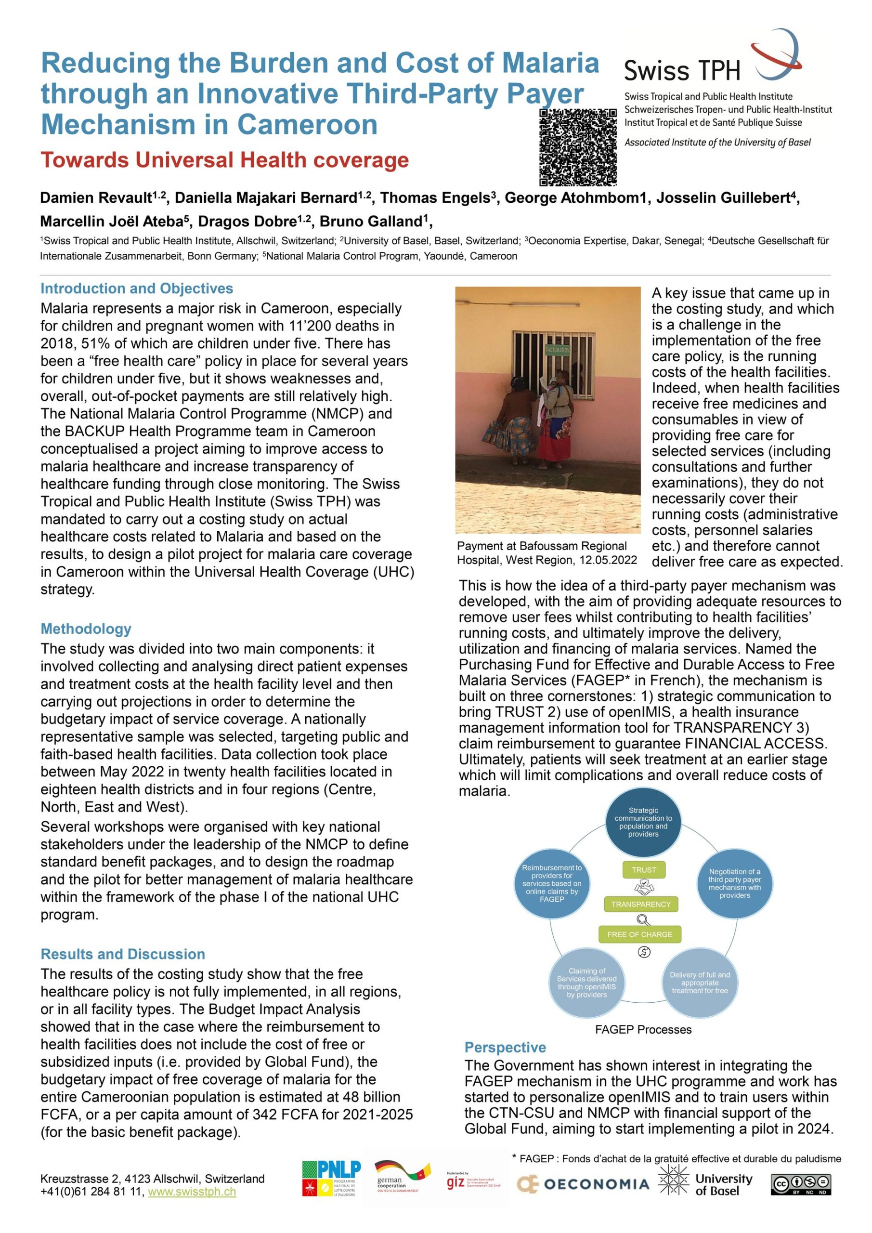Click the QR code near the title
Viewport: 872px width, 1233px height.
pyautogui.click(x=578, y=146)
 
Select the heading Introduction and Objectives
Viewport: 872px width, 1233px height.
pyautogui.click(x=137, y=289)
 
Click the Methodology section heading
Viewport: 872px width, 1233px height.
pyautogui.click(x=86, y=629)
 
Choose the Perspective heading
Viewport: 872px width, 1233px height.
pyautogui.click(x=505, y=1047)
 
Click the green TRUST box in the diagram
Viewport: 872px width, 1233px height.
pyautogui.click(x=643, y=870)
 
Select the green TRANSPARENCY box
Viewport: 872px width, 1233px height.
pyautogui.click(x=640, y=905)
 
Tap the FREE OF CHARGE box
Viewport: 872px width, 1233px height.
pyautogui.click(x=639, y=934)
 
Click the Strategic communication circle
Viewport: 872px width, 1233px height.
pyautogui.click(x=643, y=823)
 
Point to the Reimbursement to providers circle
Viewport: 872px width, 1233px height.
pyautogui.click(x=552, y=883)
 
